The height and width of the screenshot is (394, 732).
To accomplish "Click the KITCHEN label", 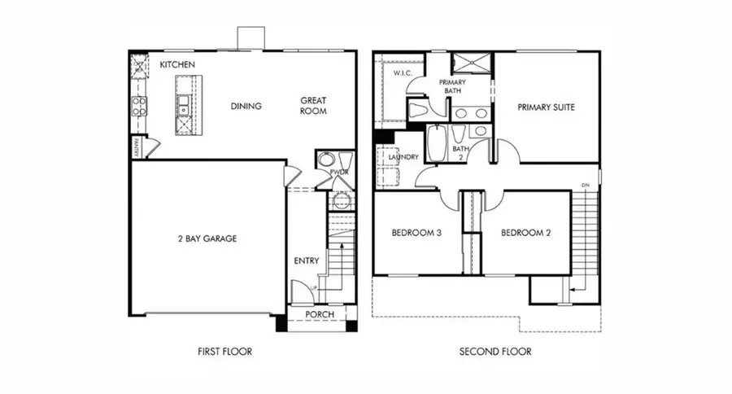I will click(176, 64).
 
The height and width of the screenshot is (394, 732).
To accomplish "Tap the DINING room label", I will click(246, 106).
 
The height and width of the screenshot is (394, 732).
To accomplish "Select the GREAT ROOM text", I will click(313, 106).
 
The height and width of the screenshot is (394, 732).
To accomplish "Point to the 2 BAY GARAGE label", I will click(207, 239).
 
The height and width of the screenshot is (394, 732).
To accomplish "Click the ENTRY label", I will click(306, 261).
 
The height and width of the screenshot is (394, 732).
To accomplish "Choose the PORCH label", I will click(320, 315).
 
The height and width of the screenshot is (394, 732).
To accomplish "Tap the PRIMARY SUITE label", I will click(547, 107).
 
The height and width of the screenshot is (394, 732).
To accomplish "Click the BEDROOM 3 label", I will click(416, 233).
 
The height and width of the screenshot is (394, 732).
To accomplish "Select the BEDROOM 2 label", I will click(525, 233).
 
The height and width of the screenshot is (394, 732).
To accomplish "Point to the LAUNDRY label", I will click(403, 157).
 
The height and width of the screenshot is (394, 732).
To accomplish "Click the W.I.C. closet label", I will click(404, 73).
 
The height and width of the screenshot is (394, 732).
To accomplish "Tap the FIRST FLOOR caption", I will click(224, 352).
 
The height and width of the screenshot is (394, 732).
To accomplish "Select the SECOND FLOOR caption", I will click(496, 352).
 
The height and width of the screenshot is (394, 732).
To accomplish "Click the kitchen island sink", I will click(184, 104).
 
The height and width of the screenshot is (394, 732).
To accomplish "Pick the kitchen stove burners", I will click(139, 104).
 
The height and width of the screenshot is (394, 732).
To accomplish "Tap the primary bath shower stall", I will click(468, 63).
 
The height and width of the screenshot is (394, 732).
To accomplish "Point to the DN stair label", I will click(584, 186).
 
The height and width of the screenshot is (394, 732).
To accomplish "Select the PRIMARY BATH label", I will click(451, 86).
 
